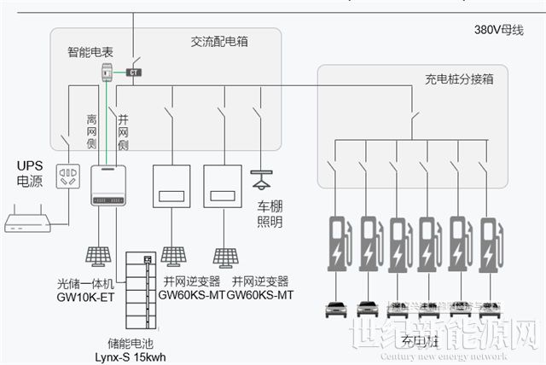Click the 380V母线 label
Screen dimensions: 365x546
[498, 30]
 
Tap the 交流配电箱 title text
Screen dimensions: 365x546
[219, 41]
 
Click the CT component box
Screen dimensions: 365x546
[135, 72]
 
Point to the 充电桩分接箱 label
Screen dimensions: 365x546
[459, 79]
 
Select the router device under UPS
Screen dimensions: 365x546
[27, 223]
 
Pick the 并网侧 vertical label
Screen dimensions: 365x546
[123, 132]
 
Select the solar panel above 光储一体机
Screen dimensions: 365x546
[96, 256]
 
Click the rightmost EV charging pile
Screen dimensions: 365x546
[491, 244]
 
